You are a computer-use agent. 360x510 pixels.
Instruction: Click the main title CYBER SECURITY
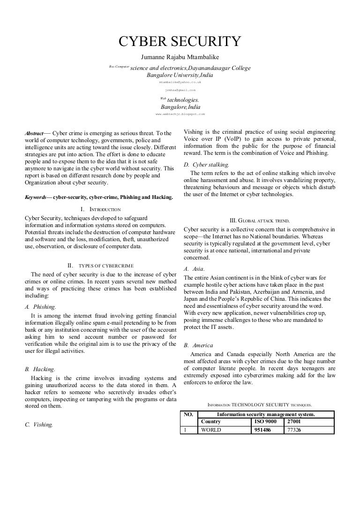(x=180, y=42)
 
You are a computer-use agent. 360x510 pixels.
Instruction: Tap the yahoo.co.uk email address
(x=180, y=82)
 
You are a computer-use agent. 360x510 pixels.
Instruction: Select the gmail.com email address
(x=180, y=89)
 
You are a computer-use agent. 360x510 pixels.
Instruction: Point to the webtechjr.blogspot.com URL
(x=180, y=114)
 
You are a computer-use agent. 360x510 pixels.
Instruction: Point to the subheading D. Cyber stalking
(x=207, y=165)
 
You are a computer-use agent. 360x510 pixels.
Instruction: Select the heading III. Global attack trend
(x=259, y=220)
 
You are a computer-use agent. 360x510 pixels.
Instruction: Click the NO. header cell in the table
(x=188, y=414)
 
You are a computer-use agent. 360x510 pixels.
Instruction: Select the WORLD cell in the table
(x=211, y=429)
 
